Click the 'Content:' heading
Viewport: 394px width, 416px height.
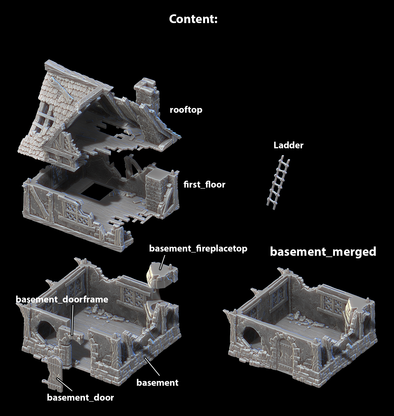tap(193, 19)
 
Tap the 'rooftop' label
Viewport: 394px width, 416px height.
tap(186, 110)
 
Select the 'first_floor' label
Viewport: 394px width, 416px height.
tap(204, 184)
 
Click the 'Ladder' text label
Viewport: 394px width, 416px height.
tap(288, 145)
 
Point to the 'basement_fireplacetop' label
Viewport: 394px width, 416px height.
tap(198, 249)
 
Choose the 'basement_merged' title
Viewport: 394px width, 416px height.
tap(323, 252)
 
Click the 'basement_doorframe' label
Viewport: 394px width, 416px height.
tap(62, 299)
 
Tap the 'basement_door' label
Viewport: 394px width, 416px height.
tap(80, 397)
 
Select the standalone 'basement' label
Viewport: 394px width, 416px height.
tap(157, 383)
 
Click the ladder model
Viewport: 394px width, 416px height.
tap(278, 183)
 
